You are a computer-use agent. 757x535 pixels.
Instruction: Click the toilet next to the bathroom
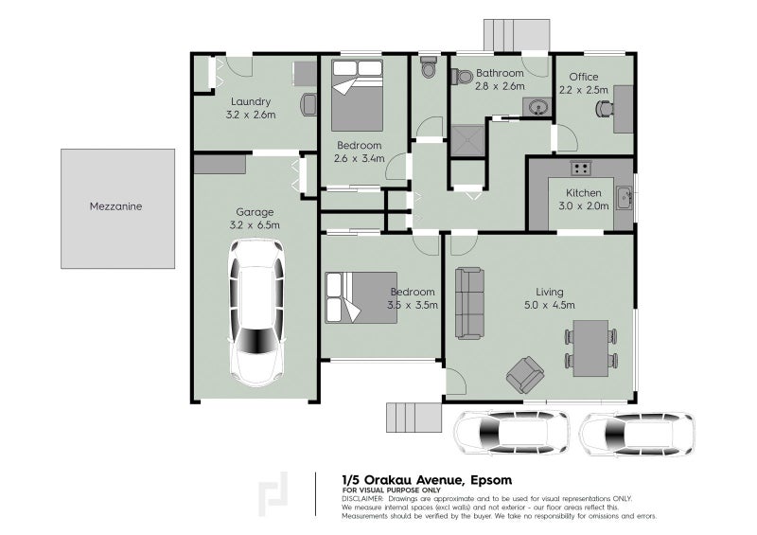(x=428, y=68)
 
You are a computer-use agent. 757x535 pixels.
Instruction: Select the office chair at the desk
(x=604, y=108)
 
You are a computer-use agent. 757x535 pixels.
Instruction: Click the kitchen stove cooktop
(x=580, y=169)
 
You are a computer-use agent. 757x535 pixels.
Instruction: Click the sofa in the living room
(x=469, y=303)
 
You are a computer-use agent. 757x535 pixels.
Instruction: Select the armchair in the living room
(x=525, y=374)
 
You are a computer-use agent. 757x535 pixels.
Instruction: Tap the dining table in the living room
(x=592, y=347)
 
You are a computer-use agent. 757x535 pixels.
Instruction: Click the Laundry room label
(x=251, y=102)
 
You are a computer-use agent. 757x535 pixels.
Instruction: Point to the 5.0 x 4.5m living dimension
(x=549, y=305)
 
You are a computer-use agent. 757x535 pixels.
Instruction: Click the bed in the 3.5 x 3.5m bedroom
(x=353, y=296)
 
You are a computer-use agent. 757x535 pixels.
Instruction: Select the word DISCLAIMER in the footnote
(x=362, y=498)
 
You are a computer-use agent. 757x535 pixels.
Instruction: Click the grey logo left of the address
(x=276, y=492)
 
